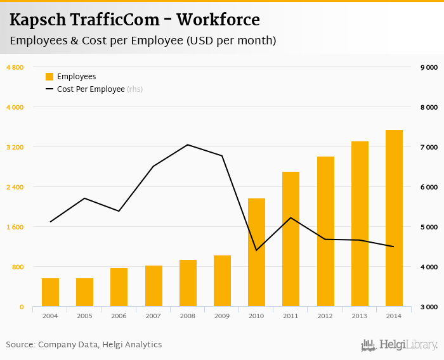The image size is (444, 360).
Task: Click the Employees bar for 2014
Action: (394, 218)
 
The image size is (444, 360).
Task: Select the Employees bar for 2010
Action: (256, 252)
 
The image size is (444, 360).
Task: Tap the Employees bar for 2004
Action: (50, 292)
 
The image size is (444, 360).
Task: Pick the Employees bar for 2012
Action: (325, 231)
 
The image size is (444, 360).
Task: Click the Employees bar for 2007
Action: (153, 286)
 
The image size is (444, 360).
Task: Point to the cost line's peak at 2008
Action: (188, 145)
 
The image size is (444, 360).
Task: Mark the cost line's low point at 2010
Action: (256, 250)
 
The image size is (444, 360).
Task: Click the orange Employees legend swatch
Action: (49, 77)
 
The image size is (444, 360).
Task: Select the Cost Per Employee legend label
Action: (91, 89)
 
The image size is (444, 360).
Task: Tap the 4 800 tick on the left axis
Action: (15, 67)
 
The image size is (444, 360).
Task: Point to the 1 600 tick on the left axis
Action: (15, 227)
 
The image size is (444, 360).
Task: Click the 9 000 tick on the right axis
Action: (429, 67)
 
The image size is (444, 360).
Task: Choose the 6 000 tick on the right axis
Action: (429, 187)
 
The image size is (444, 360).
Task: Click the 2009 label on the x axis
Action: (222, 316)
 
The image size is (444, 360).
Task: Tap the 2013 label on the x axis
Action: (360, 316)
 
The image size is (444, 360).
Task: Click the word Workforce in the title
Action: (218, 20)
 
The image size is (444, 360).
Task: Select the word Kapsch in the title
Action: (37, 20)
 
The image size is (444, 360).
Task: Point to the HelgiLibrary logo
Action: (400, 345)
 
